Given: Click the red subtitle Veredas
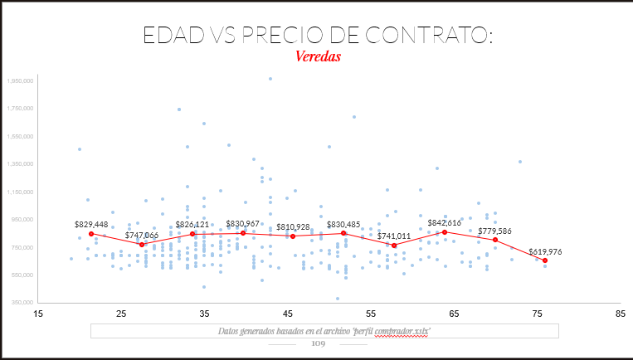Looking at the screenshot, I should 318,56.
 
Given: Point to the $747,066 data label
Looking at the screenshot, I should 142,235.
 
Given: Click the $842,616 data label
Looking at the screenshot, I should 445,222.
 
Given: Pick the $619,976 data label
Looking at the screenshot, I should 545,251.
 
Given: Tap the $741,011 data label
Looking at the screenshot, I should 394,236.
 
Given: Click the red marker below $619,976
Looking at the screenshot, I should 545,260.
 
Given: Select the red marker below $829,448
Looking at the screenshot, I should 91,234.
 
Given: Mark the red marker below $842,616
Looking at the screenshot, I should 445,232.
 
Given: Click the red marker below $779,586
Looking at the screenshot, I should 495,240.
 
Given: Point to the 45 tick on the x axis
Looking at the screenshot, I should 288,314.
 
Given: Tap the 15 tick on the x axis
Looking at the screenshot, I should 37,314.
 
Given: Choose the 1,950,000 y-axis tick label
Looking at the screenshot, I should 19,81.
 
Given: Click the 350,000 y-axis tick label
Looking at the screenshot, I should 21,303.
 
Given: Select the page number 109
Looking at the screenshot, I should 318,343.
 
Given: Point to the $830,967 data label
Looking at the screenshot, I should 243,224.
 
